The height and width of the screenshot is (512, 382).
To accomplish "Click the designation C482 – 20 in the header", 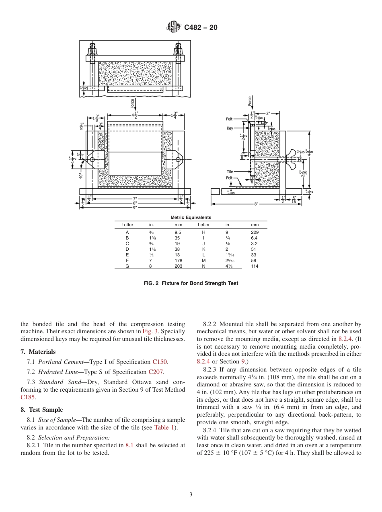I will point(201,28).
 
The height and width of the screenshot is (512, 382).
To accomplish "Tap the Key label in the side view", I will point(230,128).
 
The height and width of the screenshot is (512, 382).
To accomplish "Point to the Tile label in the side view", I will point(230,171).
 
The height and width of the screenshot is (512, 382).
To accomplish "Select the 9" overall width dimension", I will point(135,207).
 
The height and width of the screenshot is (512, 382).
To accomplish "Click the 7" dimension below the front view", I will point(135,198).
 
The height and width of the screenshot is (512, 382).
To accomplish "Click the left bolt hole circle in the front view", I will point(92,160).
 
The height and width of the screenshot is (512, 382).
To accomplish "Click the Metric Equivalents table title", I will point(191,218).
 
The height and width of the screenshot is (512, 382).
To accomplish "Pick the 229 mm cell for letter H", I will point(255,232).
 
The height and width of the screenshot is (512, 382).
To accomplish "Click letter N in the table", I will point(203,266).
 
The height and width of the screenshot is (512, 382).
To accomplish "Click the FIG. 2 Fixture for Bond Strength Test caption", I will point(191,283).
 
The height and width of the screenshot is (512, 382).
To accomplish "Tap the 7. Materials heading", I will point(38,352).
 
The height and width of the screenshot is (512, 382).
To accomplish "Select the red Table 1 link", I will point(164,427).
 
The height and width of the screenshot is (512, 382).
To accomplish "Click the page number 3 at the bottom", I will point(191,495).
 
